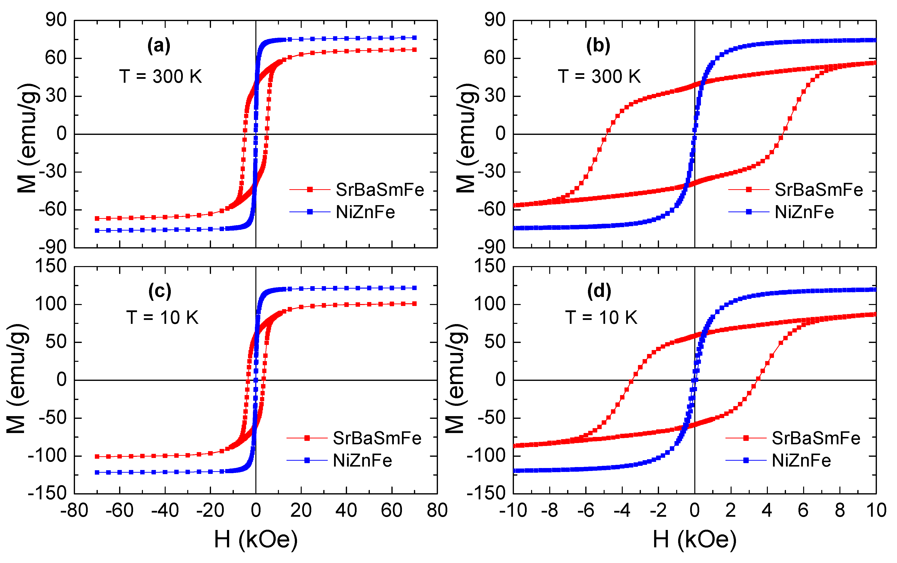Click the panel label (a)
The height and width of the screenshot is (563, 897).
(159, 46)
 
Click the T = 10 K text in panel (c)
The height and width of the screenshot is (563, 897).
(162, 317)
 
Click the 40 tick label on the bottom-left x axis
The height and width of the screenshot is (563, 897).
(346, 510)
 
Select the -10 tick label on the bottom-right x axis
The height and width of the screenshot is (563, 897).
(513, 510)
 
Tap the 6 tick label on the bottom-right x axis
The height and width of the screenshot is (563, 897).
(803, 510)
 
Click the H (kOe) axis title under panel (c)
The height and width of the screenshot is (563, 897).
(256, 539)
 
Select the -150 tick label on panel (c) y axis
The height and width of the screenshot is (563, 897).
(47, 493)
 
